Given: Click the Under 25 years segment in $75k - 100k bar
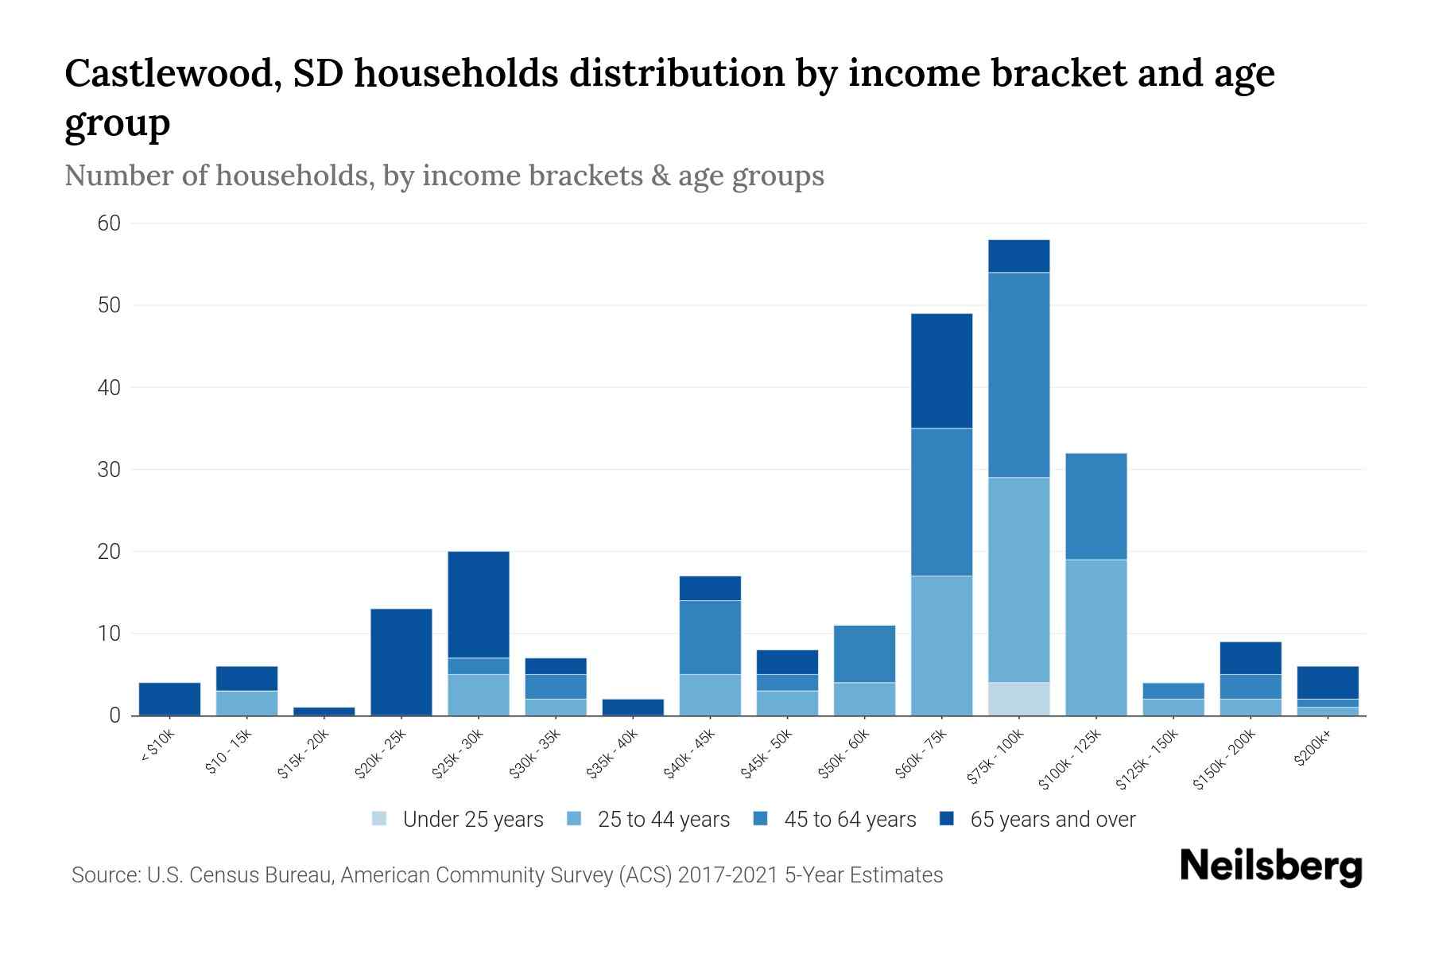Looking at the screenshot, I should [1018, 699].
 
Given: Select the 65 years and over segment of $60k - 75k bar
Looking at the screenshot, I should [941, 370].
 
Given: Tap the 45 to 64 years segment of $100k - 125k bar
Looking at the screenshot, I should [1096, 506].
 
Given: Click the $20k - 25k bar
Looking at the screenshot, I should [401, 661].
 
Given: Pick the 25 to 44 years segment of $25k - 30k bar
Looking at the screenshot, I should [479, 695].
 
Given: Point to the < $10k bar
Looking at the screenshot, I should [169, 699].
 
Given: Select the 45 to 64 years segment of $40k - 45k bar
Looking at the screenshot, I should [710, 637].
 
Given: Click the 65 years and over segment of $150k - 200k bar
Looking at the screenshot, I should [1251, 657].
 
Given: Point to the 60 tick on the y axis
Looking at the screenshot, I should [109, 223].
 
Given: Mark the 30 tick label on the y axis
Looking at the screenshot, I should [109, 470].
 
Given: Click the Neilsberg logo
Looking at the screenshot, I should [1270, 867].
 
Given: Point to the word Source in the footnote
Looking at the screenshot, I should [103, 875].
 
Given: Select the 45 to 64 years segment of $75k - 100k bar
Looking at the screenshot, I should [1018, 374].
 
